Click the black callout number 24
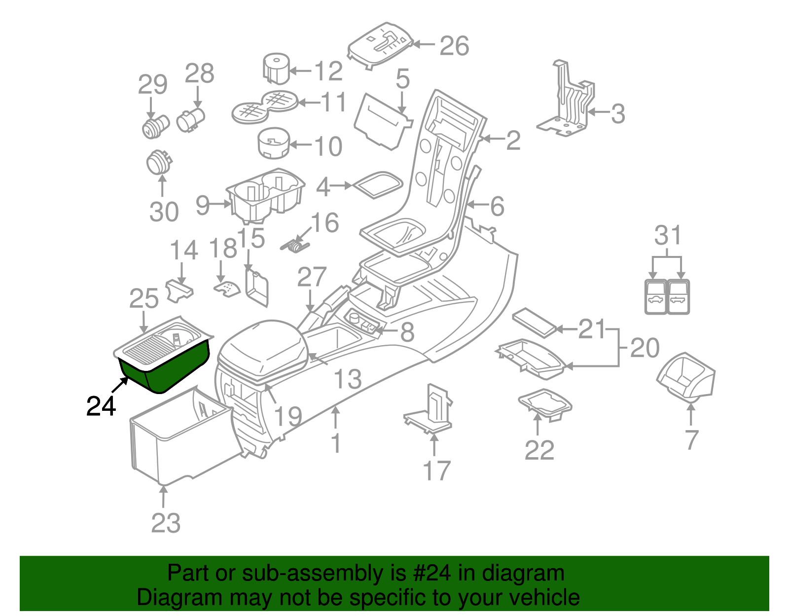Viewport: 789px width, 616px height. [x=101, y=406]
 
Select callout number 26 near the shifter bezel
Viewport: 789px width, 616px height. [x=454, y=46]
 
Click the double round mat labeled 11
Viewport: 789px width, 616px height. [x=265, y=106]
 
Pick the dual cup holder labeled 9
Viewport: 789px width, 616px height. [x=266, y=195]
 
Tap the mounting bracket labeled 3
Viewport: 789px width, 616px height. [x=567, y=106]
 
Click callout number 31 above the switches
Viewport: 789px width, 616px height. [x=668, y=235]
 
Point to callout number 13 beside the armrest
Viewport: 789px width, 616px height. [x=348, y=379]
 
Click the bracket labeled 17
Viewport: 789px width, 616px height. [x=431, y=409]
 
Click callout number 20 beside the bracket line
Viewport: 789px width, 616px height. [x=645, y=348]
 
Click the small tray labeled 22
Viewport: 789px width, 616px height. [x=545, y=404]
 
